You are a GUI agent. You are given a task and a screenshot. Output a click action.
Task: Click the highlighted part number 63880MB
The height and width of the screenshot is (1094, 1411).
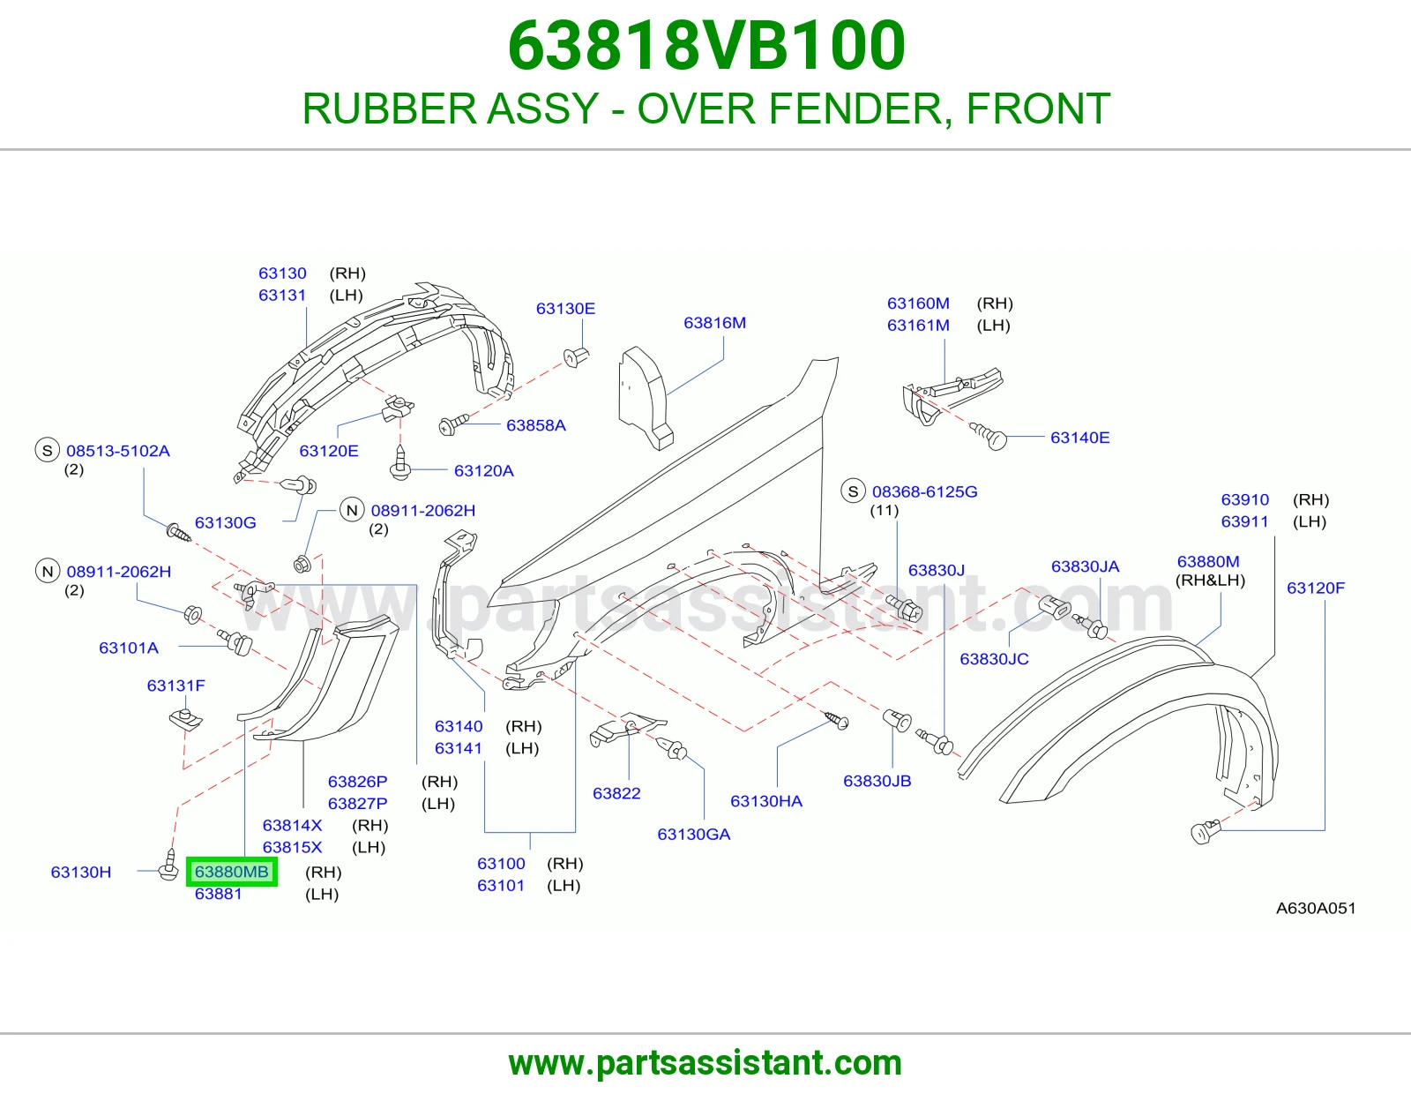click(x=232, y=871)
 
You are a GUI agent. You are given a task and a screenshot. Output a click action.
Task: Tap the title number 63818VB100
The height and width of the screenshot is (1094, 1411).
click(x=705, y=46)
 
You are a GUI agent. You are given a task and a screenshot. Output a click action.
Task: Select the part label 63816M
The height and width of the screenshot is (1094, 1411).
click(x=714, y=323)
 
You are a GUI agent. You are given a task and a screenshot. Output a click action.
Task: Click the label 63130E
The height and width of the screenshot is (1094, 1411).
click(x=565, y=309)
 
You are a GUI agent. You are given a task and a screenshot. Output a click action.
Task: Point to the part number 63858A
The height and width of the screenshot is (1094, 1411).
click(x=535, y=425)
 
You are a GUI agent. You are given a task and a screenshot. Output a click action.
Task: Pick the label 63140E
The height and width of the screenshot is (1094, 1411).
click(x=1079, y=438)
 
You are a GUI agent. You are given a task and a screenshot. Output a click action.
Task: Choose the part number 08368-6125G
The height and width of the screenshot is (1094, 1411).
click(x=925, y=491)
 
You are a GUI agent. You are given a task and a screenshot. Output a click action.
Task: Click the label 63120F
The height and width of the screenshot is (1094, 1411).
click(x=1316, y=588)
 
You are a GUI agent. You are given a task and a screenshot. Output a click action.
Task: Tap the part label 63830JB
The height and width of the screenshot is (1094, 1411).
click(x=877, y=781)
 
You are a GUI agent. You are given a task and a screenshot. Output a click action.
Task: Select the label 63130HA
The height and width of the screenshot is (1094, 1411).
click(x=766, y=801)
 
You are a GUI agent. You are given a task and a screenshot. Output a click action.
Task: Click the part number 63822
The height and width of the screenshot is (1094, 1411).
click(x=616, y=793)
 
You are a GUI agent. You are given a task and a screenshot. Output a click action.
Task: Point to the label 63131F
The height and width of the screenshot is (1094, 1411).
click(x=176, y=686)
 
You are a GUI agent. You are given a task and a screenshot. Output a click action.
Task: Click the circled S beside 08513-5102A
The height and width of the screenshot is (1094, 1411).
click(x=48, y=450)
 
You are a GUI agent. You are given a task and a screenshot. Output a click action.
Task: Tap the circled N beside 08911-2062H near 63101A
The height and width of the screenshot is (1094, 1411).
click(x=48, y=571)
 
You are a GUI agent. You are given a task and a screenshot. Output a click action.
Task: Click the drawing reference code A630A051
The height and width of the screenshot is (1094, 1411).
click(x=1316, y=908)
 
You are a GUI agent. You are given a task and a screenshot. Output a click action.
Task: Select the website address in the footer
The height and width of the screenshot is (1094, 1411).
click(x=705, y=1063)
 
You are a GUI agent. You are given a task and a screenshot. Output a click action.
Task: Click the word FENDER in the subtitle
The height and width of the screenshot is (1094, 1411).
click(x=855, y=109)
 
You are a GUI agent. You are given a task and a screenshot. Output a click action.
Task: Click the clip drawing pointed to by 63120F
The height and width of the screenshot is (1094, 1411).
click(x=1206, y=831)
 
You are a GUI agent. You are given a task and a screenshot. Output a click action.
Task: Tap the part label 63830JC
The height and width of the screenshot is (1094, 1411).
click(x=994, y=659)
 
